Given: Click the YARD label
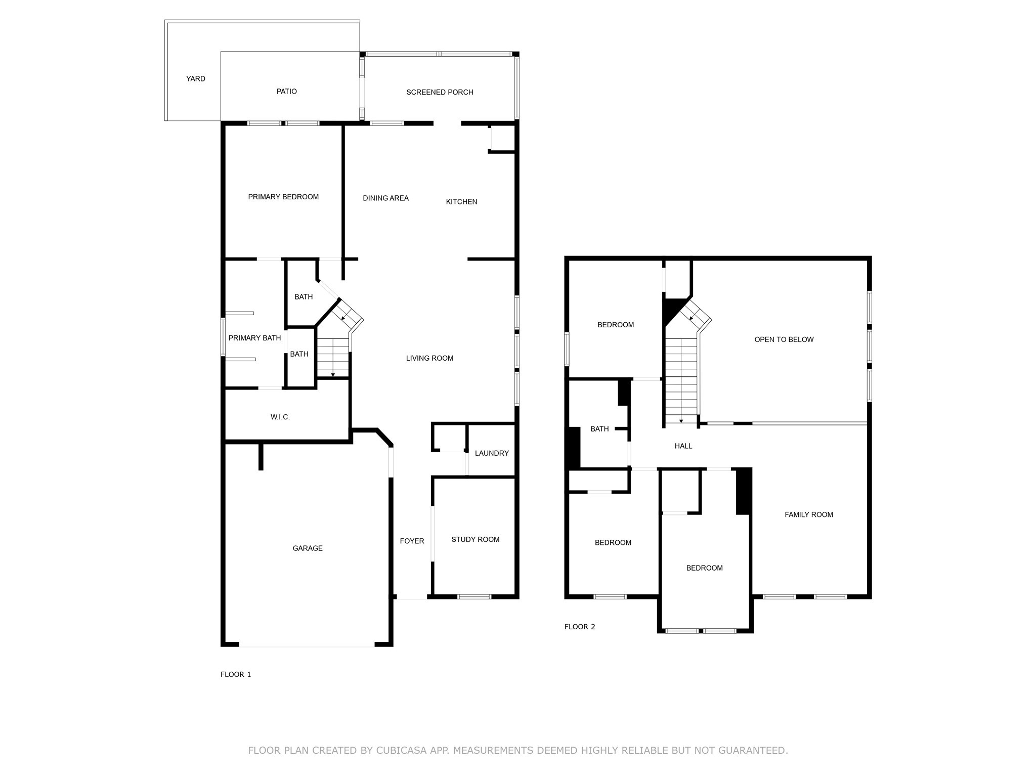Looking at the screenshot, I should (x=195, y=79).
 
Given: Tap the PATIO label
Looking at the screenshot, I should (x=286, y=92).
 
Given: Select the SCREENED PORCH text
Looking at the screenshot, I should (x=440, y=92).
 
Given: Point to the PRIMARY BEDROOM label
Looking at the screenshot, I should (x=283, y=197).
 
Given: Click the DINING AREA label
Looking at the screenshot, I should (x=385, y=198).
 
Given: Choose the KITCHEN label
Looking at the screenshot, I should (x=461, y=202).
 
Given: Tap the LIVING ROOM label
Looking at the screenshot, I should (x=429, y=358).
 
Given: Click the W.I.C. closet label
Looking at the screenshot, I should (x=280, y=417).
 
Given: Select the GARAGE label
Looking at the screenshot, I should (x=308, y=548).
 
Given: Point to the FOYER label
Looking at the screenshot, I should (x=412, y=541).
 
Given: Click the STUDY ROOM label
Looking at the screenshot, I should (x=475, y=540).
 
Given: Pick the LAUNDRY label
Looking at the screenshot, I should (x=492, y=453).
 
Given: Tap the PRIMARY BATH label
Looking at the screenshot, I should (x=254, y=338).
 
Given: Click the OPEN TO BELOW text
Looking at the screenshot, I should (x=784, y=339).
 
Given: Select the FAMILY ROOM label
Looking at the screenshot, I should (x=808, y=514).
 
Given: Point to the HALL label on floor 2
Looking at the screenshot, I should (x=683, y=446).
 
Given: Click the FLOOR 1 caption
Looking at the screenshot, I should (x=236, y=674).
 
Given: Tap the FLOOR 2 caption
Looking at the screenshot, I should (x=580, y=627).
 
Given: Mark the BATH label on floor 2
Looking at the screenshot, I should (x=599, y=429).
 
